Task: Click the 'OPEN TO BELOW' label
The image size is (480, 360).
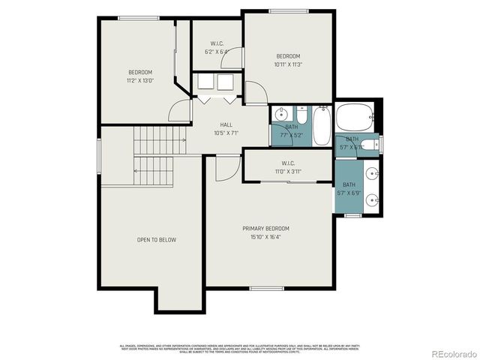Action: [x=156, y=240]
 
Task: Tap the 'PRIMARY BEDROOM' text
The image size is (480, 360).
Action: [x=265, y=229]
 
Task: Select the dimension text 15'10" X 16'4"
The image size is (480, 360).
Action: [x=265, y=237]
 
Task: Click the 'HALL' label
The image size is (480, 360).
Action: [x=226, y=124]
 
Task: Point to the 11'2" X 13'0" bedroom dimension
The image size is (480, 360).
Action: [x=139, y=80]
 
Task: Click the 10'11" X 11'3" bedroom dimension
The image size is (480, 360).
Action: [x=287, y=64]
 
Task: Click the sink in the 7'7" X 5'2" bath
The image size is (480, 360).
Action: [x=281, y=115]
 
